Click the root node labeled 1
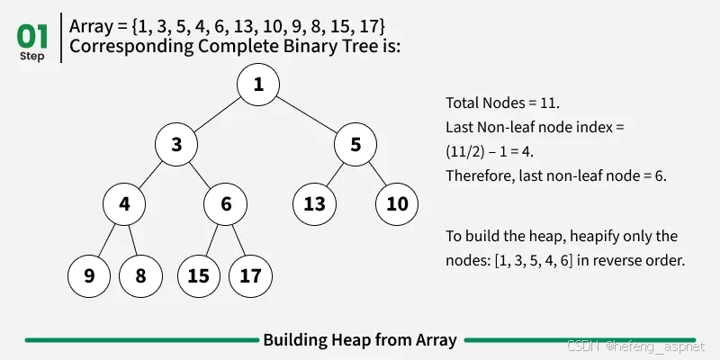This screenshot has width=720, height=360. [x=258, y=85]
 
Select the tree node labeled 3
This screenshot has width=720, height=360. [x=176, y=145]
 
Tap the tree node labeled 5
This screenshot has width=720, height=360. [x=355, y=145]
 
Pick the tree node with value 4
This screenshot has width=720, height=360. [x=124, y=204]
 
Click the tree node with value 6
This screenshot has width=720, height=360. [x=226, y=204]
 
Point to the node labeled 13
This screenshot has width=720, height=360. [x=314, y=204]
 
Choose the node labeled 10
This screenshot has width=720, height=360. [x=397, y=204]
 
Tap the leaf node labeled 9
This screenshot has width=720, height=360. [x=89, y=276]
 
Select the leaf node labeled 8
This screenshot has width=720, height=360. [x=140, y=276]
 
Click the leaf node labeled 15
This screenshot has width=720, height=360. [x=199, y=276]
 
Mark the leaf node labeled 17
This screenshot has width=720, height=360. [x=251, y=276]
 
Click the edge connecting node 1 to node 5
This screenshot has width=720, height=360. [x=307, y=115]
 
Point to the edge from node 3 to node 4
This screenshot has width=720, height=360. [x=150, y=175]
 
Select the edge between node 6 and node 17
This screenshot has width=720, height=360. [x=238, y=240]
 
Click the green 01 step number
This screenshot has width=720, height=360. [x=32, y=37]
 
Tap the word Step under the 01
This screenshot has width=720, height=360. [x=32, y=56]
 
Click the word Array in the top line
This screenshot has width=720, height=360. [x=91, y=27]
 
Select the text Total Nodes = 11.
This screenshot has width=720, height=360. [x=503, y=103]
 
